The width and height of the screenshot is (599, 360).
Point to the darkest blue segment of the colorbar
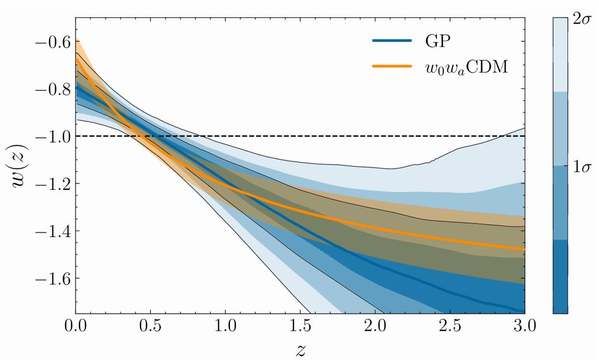pyautogui.click(x=560, y=277)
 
